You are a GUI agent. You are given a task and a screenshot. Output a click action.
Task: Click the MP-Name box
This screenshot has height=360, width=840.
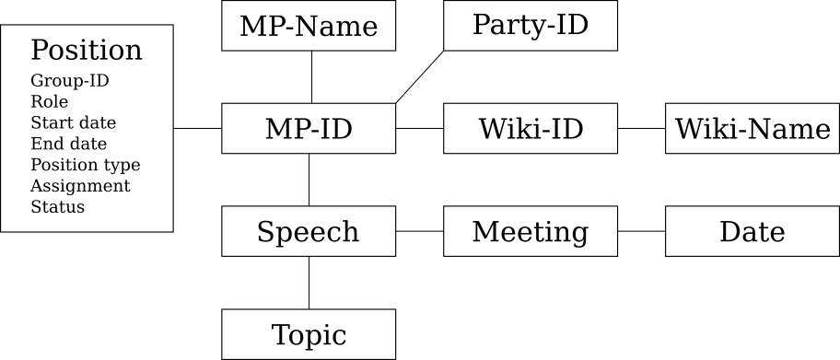[309, 26]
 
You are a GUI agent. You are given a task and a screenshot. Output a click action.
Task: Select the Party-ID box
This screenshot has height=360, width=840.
[530, 25]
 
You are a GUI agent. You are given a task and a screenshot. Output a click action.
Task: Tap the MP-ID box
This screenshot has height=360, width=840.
[309, 129]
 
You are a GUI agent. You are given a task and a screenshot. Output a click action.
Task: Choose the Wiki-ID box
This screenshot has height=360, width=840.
[530, 129]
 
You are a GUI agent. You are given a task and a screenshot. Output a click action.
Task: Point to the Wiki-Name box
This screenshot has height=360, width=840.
[752, 129]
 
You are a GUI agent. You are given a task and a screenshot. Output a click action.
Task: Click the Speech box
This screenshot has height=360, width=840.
[309, 231]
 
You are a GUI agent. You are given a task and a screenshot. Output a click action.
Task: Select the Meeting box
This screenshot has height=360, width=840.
[530, 231]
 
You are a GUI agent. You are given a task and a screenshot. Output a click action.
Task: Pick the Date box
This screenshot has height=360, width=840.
[752, 231]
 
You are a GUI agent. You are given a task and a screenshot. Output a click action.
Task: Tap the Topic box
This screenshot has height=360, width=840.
[309, 334]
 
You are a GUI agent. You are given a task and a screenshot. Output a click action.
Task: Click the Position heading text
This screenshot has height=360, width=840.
[87, 50]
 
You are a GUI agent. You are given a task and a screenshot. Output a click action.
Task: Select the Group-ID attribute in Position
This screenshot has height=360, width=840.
[70, 80]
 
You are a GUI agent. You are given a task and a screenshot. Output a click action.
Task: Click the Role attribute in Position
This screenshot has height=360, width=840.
[50, 101]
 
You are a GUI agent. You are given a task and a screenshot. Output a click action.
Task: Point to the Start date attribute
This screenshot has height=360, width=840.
[74, 122]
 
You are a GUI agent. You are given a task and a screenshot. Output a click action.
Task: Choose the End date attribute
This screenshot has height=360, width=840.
[69, 144]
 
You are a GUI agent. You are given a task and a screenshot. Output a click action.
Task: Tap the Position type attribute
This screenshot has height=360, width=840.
[86, 165]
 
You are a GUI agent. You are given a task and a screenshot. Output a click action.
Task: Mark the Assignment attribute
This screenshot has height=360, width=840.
[80, 186]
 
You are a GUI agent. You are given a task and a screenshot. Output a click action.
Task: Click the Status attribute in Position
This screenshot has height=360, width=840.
[58, 207]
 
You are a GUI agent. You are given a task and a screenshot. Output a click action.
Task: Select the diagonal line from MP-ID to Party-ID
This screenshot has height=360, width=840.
[419, 77]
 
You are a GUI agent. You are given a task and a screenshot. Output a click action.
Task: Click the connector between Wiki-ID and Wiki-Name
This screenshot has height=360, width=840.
[641, 129]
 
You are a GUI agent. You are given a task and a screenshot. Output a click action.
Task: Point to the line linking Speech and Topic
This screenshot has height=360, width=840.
[309, 283]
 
